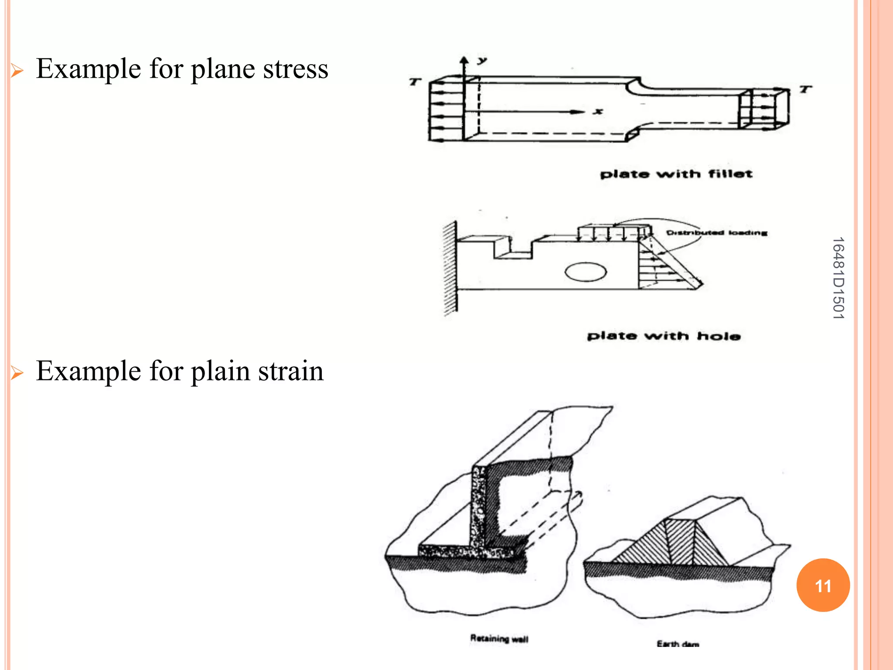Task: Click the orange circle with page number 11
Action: pos(823,585)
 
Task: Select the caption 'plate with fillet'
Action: pos(676,174)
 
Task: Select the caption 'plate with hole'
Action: pos(664,336)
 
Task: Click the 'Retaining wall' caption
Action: pos(499,639)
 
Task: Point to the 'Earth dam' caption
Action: pos(678,644)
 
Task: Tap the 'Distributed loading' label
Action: pos(716,232)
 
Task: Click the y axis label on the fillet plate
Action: pos(481,61)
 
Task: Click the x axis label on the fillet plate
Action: pos(599,111)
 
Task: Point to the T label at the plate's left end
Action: pos(415,82)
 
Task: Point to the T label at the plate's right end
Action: pos(805,89)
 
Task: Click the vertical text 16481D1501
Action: pos(838,278)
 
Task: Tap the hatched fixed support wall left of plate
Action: pos(450,268)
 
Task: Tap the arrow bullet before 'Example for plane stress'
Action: pos(17,70)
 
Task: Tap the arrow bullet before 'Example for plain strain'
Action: pos(17,373)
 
